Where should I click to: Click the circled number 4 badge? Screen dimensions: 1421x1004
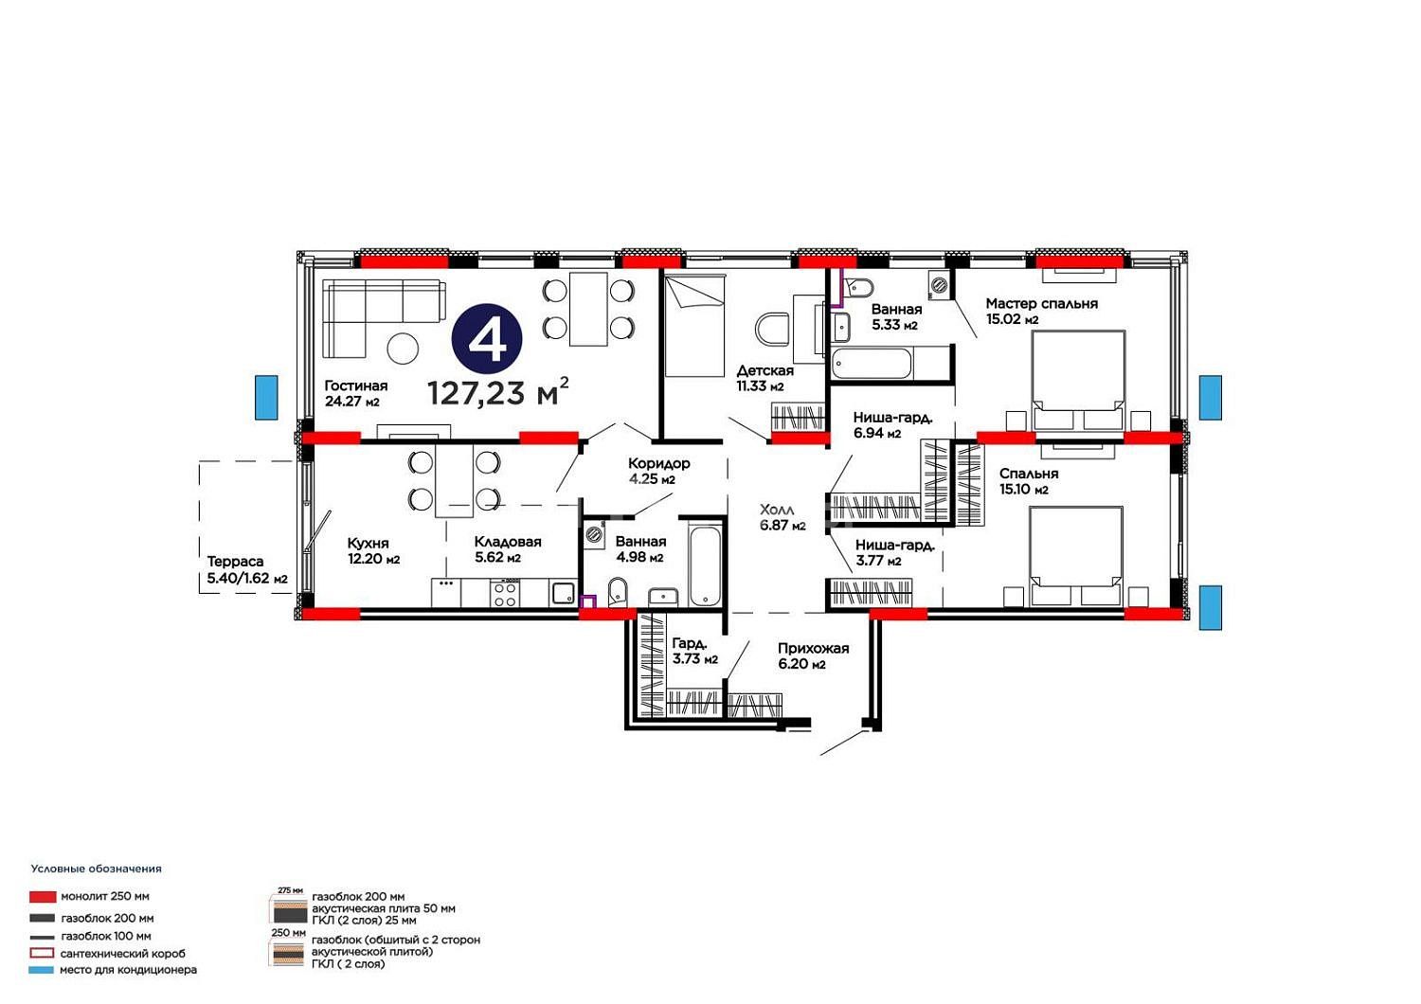click(487, 339)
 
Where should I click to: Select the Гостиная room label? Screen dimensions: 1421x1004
click(356, 385)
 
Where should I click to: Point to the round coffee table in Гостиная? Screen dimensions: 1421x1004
click(403, 349)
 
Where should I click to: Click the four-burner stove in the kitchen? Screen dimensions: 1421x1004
click(505, 594)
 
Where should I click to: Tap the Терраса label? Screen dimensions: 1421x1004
click(235, 562)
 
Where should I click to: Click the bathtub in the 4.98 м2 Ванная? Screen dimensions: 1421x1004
click(705, 565)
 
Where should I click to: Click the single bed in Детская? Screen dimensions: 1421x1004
click(694, 326)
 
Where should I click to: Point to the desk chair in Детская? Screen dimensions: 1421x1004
click(772, 329)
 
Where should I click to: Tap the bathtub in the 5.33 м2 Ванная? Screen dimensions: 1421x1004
click(872, 364)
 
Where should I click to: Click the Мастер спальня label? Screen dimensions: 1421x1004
click(1042, 304)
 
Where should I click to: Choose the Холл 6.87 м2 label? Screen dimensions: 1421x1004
click(782, 517)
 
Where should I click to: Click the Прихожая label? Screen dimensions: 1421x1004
click(813, 649)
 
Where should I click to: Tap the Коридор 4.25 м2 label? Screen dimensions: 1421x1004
click(659, 472)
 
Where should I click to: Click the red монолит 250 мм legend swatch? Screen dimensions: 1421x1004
click(43, 897)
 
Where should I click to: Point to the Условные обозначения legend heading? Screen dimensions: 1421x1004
click(97, 869)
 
